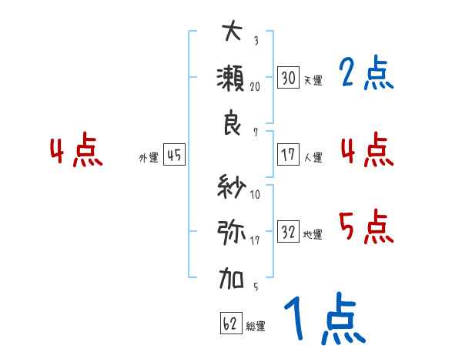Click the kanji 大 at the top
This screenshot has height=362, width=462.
(x=232, y=32)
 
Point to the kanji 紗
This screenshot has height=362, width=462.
(x=232, y=186)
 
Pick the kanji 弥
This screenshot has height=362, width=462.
(x=232, y=231)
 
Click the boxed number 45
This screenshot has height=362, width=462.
(x=174, y=156)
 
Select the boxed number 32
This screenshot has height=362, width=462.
(x=289, y=232)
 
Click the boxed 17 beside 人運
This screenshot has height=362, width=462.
(x=289, y=155)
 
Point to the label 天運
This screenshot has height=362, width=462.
(x=313, y=80)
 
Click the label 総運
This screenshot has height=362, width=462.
(x=256, y=326)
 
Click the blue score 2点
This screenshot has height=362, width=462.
(x=366, y=73)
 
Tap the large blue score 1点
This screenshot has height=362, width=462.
(x=323, y=320)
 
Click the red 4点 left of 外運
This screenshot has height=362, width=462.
(x=76, y=151)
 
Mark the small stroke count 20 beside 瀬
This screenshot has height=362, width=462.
(x=255, y=87)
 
